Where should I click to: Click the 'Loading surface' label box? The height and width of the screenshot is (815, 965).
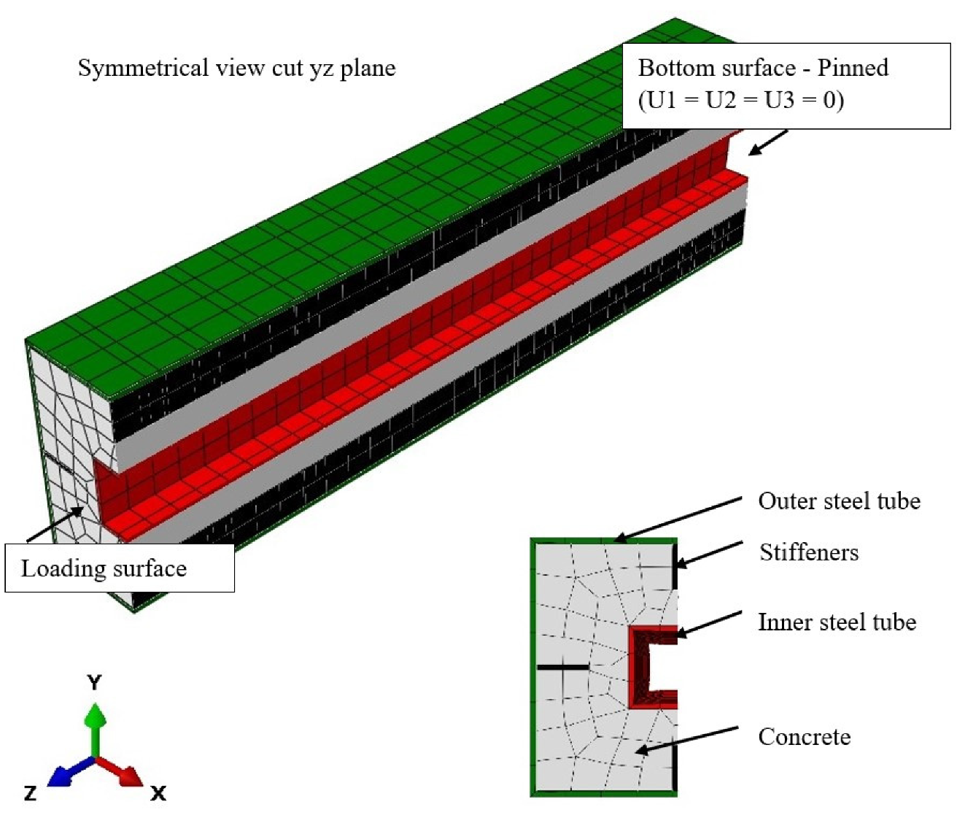119,568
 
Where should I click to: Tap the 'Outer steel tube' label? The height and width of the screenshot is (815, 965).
840,501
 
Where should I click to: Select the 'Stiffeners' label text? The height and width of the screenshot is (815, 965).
809,552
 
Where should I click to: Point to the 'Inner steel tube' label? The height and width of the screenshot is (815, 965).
837,622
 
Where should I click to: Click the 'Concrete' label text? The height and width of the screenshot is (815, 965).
804,737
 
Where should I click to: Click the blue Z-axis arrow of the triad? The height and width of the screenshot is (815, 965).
71,770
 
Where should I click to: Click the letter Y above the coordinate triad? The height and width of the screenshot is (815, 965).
94,682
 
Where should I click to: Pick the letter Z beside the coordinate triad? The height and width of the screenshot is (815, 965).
31,793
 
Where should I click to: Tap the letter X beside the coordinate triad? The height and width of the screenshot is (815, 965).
158,793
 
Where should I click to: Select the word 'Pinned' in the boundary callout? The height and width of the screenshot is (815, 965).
853,68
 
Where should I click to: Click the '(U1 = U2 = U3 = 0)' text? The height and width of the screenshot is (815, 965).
741,100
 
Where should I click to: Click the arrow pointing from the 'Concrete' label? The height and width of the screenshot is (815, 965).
686,740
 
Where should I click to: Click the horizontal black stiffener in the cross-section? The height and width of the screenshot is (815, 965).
563,667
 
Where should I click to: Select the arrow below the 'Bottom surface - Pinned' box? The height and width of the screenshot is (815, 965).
768,142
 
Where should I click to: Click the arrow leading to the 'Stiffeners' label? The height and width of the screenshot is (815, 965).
710,554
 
